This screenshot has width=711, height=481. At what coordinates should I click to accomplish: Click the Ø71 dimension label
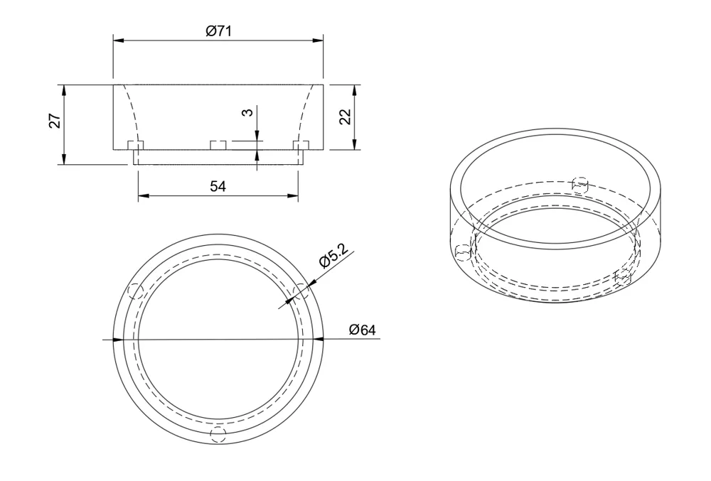[218, 31]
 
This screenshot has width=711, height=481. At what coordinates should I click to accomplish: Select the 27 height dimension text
[55, 121]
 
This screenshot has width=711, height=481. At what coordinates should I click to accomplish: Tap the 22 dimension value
[346, 117]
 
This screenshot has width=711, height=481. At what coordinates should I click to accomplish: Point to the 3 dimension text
[247, 112]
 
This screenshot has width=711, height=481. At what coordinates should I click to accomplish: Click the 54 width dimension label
[218, 186]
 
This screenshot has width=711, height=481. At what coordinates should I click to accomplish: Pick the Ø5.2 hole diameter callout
[336, 256]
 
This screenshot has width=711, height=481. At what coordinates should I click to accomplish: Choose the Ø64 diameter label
[363, 330]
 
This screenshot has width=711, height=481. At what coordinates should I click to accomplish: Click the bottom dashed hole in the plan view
[218, 434]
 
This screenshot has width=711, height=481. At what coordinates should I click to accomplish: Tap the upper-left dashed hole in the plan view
[137, 291]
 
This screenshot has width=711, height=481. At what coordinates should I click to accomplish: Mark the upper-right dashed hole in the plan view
[301, 291]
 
